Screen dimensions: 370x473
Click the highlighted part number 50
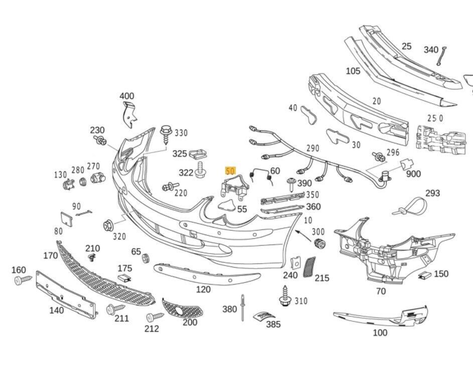click(x=231, y=171)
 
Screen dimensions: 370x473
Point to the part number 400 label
click(x=127, y=96)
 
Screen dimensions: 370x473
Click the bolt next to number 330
click(x=166, y=133)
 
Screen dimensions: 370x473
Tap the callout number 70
click(x=381, y=291)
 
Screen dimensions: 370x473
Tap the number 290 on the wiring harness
click(x=312, y=148)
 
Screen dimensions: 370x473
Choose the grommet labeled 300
click(x=318, y=244)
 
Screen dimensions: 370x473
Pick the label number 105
click(x=353, y=71)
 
